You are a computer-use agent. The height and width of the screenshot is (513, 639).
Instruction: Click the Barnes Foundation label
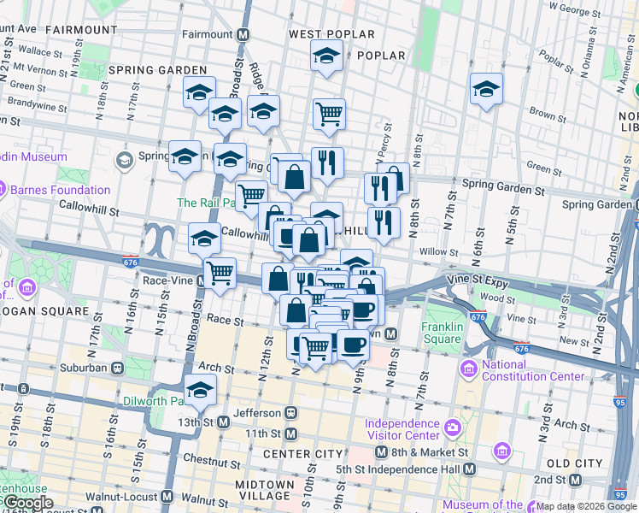tap(62, 190)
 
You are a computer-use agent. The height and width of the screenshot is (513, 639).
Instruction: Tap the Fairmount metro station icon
tap(243, 35)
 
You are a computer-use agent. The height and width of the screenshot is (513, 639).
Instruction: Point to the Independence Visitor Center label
tap(402, 429)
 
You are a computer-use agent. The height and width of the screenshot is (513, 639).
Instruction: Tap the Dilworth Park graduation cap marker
tap(200, 390)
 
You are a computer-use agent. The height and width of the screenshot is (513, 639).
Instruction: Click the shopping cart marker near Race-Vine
tap(220, 273)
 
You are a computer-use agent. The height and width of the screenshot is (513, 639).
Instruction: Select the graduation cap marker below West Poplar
tap(325, 56)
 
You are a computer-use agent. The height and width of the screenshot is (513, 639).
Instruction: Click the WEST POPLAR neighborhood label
tap(331, 35)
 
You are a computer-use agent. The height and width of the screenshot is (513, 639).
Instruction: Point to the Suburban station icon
tap(117, 368)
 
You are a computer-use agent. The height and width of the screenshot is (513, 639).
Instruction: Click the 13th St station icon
tap(223, 422)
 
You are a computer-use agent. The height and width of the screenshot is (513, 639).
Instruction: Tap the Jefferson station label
tap(256, 413)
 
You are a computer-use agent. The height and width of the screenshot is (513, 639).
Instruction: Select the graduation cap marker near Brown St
tap(486, 89)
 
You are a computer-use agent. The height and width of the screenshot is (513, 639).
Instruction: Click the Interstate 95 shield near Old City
tap(619, 494)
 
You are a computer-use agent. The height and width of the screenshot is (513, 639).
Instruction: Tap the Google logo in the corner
tap(27, 503)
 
